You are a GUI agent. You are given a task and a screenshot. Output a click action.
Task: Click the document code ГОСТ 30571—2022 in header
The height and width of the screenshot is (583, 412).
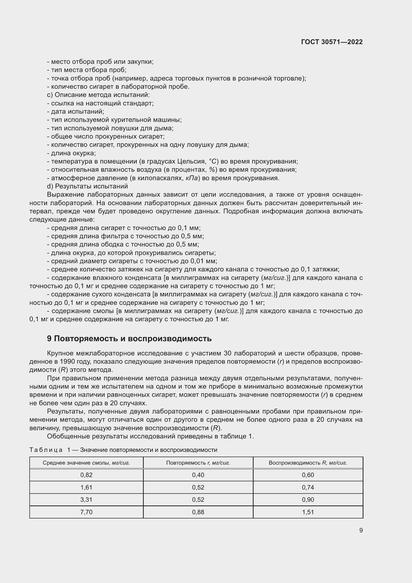tap(332, 42)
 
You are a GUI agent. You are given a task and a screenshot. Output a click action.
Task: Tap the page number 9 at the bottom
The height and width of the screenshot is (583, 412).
tap(361, 530)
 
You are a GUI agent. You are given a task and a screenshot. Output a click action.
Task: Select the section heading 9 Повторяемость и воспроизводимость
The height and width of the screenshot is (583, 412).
tap(129, 338)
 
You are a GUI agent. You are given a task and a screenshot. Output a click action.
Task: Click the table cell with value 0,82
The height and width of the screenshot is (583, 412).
tap(86, 475)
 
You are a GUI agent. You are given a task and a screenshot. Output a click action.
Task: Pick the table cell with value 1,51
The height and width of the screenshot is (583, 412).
tap(308, 512)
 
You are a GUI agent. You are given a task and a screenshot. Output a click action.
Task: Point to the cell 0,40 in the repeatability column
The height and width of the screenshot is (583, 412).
tap(198, 475)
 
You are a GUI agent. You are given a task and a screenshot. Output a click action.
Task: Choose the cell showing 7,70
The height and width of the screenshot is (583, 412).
tap(86, 512)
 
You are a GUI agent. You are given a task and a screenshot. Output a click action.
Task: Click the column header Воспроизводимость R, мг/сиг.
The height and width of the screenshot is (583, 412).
tap(308, 463)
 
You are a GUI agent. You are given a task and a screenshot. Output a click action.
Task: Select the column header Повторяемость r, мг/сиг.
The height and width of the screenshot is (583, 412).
tap(198, 463)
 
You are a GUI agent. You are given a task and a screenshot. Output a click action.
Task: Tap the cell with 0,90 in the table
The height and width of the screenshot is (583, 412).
tap(308, 500)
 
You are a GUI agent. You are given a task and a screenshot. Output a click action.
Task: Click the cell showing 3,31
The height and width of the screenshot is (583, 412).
tap(86, 500)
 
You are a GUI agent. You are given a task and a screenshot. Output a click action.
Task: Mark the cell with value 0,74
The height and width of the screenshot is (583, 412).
tap(308, 487)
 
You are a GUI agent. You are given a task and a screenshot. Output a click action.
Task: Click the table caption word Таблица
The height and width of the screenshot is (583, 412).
tap(46, 450)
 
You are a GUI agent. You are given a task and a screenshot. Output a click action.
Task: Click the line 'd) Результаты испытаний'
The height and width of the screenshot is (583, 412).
tap(87, 186)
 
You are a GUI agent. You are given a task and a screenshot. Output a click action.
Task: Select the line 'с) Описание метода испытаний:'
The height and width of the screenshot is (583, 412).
tap(98, 95)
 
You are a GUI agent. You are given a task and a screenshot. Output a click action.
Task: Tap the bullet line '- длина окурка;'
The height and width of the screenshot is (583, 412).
tap(71, 153)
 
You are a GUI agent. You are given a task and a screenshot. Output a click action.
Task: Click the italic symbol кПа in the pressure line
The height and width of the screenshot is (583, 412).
tap(192, 178)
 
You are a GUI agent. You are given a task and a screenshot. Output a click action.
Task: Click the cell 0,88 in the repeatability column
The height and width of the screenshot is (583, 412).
tap(198, 512)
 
